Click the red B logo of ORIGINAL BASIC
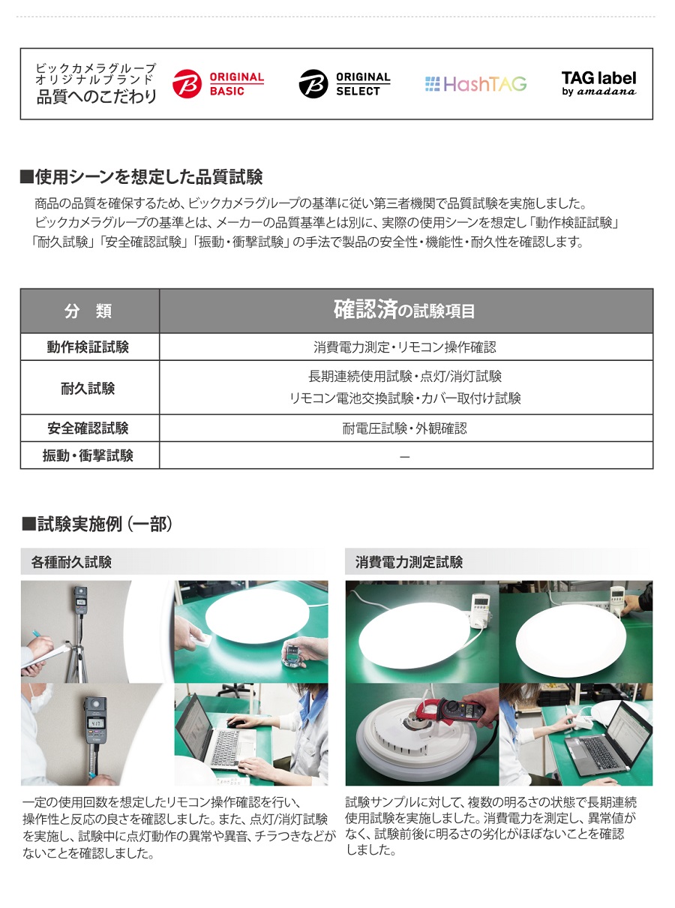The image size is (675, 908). tap(187, 84)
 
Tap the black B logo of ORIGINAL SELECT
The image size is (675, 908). tap(313, 84)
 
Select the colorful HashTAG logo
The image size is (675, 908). tap(475, 84)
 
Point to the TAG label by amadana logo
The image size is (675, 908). tap(598, 83)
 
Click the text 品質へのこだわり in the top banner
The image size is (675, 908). tap(97, 97)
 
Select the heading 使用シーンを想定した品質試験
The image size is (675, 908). tap(142, 177)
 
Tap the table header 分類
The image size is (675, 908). tap(88, 311)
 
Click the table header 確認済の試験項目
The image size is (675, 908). tap(404, 310)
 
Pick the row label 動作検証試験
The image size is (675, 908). tap(88, 347)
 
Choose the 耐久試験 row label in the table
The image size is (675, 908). tap(88, 388)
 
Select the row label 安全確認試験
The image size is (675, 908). tap(88, 428)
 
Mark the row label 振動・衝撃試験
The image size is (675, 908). tap(88, 456)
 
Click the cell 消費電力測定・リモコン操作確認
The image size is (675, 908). tap(405, 347)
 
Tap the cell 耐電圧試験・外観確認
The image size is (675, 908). tap(405, 428)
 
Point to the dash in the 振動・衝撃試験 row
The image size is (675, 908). tap(405, 456)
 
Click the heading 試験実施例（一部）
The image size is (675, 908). tap(97, 524)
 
